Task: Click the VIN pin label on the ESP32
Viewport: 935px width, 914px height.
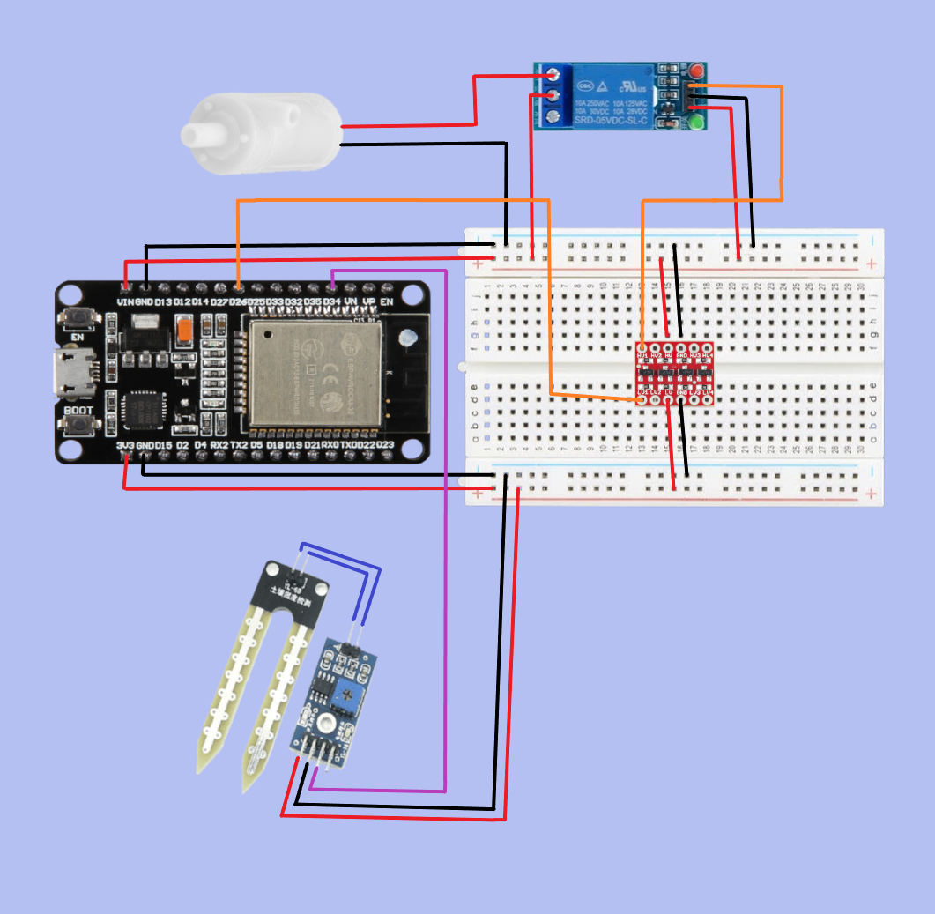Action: (124, 302)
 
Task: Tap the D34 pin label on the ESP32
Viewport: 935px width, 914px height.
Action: (331, 302)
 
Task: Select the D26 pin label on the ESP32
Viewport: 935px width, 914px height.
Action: (238, 302)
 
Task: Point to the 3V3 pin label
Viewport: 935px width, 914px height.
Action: (125, 446)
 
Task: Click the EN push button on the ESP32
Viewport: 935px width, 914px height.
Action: (78, 319)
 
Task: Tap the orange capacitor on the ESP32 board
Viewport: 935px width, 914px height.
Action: (185, 332)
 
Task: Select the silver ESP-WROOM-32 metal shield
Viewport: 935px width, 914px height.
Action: (315, 373)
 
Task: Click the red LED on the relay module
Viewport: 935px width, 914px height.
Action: (697, 70)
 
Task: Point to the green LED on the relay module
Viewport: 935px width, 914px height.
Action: (697, 123)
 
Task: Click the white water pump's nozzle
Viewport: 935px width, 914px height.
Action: (199, 135)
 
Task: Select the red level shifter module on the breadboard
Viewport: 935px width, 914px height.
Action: (675, 375)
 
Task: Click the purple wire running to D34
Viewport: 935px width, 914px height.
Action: (446, 529)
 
